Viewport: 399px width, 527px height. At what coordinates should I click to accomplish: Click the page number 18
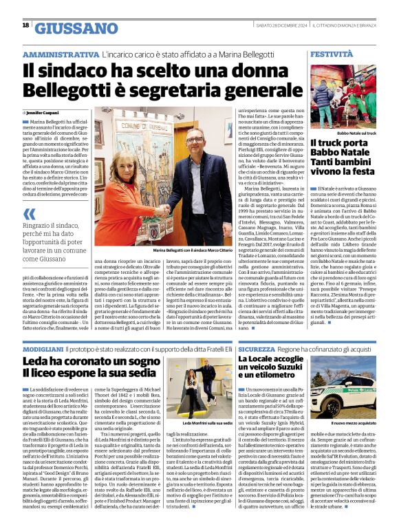coord(25,25)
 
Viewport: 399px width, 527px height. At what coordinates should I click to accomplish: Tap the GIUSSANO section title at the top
coord(76,28)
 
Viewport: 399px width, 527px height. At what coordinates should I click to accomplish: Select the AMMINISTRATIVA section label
coord(61,54)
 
